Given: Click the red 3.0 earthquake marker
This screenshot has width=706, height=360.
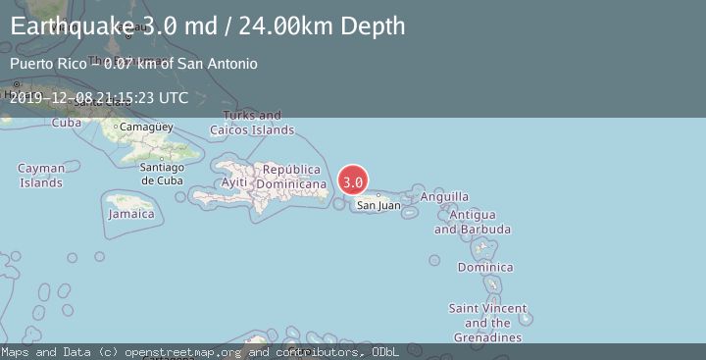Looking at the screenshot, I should [353, 181].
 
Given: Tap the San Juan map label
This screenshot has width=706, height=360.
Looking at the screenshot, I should [378, 205].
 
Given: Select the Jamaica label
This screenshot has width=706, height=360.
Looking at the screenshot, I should [131, 214].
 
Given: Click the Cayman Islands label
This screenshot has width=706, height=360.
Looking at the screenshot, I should [41, 176].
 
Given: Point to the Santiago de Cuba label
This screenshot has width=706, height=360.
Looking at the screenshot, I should [162, 173].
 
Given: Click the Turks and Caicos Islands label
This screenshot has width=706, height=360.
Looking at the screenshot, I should [252, 123].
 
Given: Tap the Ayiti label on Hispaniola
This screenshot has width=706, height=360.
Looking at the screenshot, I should [234, 183].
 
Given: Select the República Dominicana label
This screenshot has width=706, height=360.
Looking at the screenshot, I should [290, 177].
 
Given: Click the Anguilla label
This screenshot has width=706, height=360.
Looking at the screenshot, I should [444, 196].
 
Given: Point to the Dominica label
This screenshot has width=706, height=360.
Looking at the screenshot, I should [484, 267].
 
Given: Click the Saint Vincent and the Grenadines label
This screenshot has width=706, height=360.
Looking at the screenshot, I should [487, 323].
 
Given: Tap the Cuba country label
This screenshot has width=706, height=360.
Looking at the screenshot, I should [66, 123].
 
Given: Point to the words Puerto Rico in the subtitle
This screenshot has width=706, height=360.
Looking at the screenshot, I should [43, 64].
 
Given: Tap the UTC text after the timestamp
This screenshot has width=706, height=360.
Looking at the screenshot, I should [172, 98].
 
